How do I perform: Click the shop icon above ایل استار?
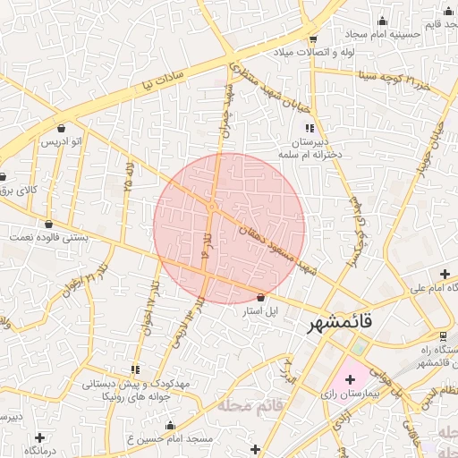pos(260,297)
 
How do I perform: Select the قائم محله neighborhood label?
pos(249,405)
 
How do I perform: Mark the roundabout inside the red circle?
pos(212,207)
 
